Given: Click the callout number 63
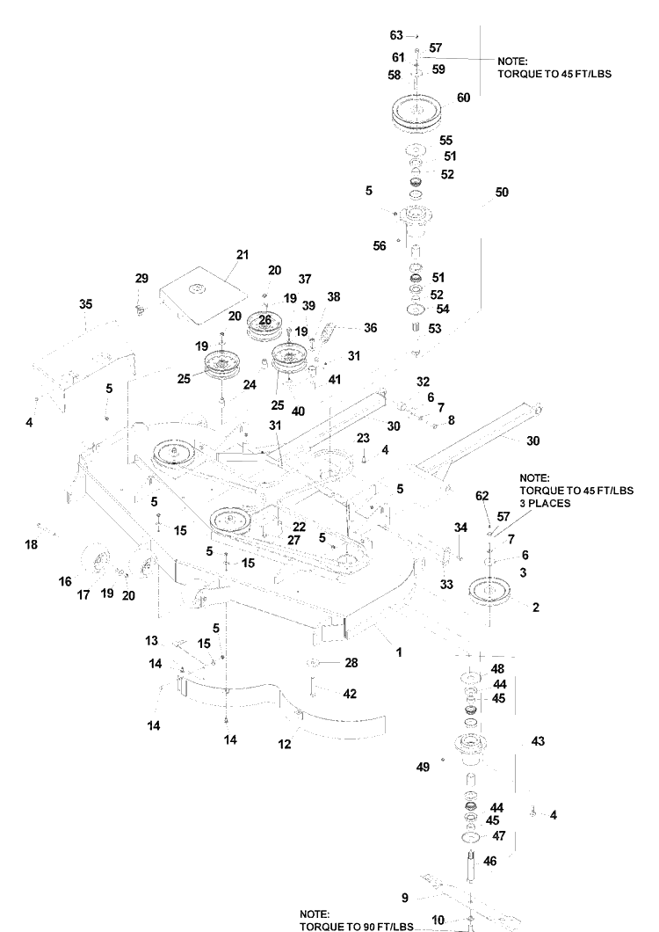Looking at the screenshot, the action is [x=396, y=36].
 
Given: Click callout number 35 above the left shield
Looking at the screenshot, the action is [x=85, y=304].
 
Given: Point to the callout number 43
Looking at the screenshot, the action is [x=538, y=741].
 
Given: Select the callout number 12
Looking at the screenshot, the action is [x=285, y=744].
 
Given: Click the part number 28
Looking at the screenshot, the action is [x=351, y=662].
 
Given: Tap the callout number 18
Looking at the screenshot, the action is [x=31, y=544].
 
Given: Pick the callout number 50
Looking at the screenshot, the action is [x=502, y=193].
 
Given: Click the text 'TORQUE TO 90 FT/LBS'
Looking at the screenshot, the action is [x=356, y=927].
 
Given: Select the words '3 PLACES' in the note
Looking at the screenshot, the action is [x=545, y=503].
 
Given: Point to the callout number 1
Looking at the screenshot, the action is [x=399, y=652].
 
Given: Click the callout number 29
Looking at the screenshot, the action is [x=141, y=278].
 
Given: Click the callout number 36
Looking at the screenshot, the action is [x=370, y=328].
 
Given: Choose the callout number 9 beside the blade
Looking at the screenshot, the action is [x=405, y=898].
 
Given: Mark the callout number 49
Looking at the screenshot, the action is [x=423, y=767].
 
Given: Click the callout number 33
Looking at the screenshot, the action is [x=446, y=585].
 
